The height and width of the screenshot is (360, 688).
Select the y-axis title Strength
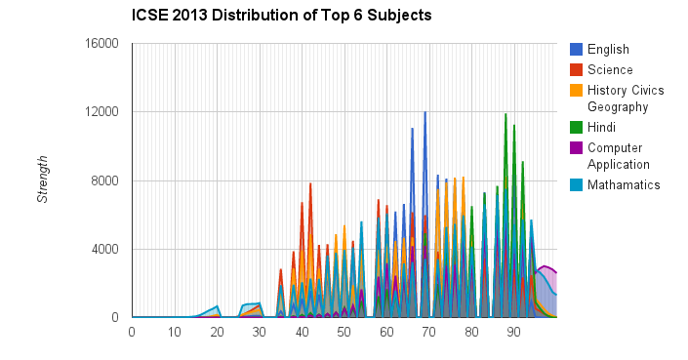[x=42, y=180]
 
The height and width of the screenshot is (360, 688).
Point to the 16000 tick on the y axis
[x=101, y=43]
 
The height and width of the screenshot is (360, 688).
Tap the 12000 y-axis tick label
[x=101, y=112]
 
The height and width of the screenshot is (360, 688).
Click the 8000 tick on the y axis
[x=105, y=180]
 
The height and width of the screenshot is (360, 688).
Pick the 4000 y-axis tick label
[x=105, y=249]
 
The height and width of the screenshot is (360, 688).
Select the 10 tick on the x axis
[x=174, y=332]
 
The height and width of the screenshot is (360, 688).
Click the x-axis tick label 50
[x=344, y=332]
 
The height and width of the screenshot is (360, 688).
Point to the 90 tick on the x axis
[x=513, y=332]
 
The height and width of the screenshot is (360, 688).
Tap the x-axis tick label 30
[x=259, y=332]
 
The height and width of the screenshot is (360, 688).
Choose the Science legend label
[x=609, y=69]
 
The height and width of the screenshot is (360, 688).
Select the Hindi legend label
[x=601, y=127]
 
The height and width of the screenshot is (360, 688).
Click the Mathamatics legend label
[x=623, y=184]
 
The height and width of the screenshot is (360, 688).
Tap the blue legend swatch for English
[x=577, y=50]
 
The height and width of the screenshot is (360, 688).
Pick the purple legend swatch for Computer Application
[x=577, y=147]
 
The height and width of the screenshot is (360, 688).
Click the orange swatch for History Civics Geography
[x=577, y=90]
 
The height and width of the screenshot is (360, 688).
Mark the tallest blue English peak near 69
[x=425, y=112]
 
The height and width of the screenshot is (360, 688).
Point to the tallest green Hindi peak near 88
[x=506, y=114]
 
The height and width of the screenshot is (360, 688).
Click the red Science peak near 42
[x=310, y=183]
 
